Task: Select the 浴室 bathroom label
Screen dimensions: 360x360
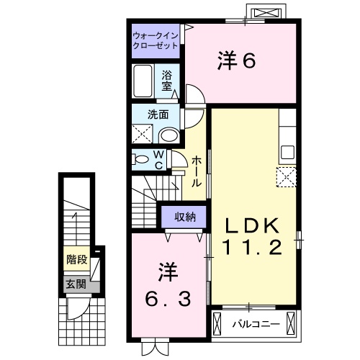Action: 167,79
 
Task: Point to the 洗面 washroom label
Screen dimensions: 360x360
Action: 158,113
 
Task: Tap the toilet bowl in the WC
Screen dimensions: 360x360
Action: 142,159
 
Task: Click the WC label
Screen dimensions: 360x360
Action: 160,159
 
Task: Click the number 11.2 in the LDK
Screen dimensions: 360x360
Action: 253,249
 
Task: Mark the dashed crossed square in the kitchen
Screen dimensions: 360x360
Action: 287,176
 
